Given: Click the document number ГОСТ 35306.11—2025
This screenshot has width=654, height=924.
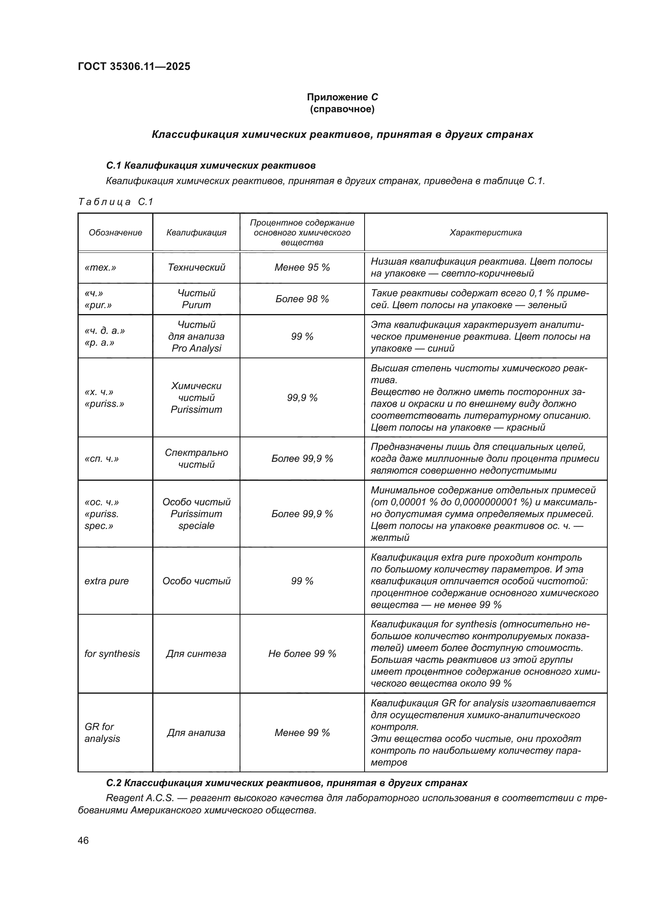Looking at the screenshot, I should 134,66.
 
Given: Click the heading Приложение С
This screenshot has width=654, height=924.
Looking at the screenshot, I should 342,97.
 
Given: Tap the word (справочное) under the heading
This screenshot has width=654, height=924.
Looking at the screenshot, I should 342,109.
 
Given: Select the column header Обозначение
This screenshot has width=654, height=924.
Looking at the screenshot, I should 115,233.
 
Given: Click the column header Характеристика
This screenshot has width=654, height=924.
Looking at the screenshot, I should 485,233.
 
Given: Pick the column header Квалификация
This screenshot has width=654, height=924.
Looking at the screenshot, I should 196,233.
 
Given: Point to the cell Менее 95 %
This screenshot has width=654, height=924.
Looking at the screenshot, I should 302,267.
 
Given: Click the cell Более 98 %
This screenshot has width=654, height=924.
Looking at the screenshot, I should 302,299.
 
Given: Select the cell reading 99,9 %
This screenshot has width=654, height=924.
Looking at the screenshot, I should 302,398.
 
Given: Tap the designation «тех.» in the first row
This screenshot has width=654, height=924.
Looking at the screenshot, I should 100,267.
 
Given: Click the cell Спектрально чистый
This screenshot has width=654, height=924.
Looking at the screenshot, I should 196,458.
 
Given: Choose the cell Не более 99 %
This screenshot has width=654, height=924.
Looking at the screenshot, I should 302,653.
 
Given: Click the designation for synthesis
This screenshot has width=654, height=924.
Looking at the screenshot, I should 112,653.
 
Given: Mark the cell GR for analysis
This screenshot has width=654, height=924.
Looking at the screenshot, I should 102,732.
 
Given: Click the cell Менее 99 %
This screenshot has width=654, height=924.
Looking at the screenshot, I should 302,732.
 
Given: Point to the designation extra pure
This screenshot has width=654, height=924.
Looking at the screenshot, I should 107,581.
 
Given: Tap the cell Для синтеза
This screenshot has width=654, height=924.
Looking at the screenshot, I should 196,653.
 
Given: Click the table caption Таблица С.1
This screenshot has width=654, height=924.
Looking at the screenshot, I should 115,201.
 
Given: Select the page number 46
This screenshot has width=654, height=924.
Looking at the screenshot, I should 83,840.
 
